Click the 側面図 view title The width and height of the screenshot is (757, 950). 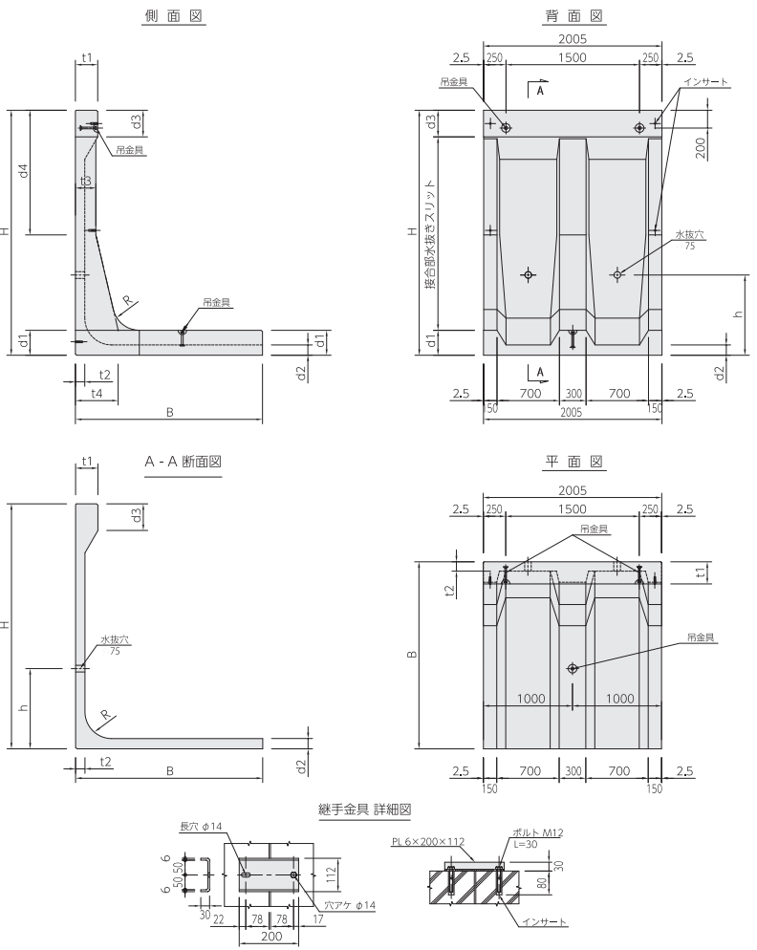pos(173,16)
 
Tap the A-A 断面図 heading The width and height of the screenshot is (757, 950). pos(183,462)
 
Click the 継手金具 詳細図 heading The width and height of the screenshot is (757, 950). pos(365,810)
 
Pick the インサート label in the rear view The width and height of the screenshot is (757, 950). pos(706,82)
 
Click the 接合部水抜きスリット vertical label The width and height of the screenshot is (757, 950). pos(430,233)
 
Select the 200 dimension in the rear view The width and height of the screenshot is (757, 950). pos(701,148)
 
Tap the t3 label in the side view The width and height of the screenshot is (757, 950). pos(85,181)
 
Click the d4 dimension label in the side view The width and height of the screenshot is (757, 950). pos(24,171)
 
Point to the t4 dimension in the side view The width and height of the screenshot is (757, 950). pos(97,393)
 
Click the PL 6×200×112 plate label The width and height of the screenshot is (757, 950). pos(428,842)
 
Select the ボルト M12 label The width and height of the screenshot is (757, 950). pos(537,833)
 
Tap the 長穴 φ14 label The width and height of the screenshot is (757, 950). pos(202,827)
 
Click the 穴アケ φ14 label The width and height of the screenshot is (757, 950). pos(349,905)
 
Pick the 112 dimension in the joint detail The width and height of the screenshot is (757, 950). pos(331,874)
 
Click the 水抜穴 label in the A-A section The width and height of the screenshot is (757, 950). pos(115,639)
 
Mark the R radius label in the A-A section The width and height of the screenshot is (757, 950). pos(106,715)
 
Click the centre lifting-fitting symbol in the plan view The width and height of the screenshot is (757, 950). pos(573,668)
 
